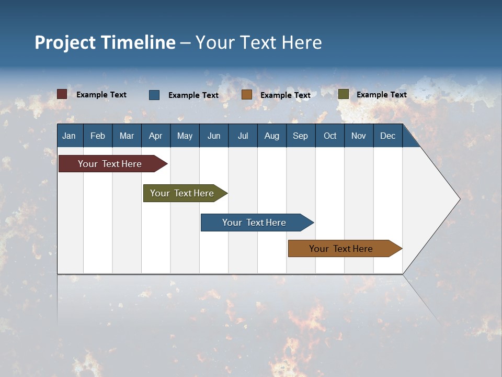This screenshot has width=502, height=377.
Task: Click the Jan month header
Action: pyautogui.click(x=69, y=136)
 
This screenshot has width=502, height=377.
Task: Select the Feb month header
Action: pyautogui.click(x=98, y=136)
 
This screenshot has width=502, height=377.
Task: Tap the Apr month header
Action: pyautogui.click(x=155, y=136)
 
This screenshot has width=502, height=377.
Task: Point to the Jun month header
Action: pyautogui.click(x=213, y=136)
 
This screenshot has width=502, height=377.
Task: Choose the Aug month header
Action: pyautogui.click(x=271, y=136)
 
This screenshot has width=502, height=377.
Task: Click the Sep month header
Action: pyautogui.click(x=300, y=136)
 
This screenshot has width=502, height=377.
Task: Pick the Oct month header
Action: pyautogui.click(x=329, y=136)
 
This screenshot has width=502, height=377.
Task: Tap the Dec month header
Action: pyautogui.click(x=387, y=136)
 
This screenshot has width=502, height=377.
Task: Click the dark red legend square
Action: pyautogui.click(x=62, y=94)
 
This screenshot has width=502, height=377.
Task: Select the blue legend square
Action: pyautogui.click(x=154, y=95)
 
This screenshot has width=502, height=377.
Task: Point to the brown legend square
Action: pyautogui.click(x=247, y=95)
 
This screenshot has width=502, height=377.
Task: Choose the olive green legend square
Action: pyautogui.click(x=343, y=94)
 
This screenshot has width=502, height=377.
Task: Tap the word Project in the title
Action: pyautogui.click(x=65, y=42)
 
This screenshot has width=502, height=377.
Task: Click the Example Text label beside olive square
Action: pyautogui.click(x=381, y=95)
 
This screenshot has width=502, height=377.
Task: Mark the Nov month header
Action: pyautogui.click(x=358, y=136)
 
